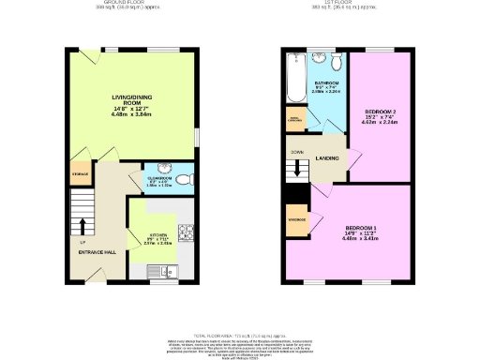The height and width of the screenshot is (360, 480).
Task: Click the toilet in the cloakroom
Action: pos(184,178)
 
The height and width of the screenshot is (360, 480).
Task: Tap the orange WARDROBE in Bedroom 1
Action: pos(295,220)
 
